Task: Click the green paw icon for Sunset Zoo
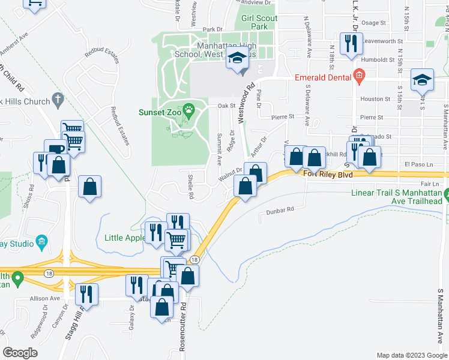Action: [x=190, y=110]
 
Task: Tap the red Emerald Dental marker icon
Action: [x=359, y=76]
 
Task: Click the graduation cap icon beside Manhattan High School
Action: [x=237, y=59]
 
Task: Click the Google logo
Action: [x=20, y=352]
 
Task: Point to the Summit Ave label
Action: [x=218, y=149]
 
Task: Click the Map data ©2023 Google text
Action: [x=411, y=355]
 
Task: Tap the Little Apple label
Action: [x=124, y=238]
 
